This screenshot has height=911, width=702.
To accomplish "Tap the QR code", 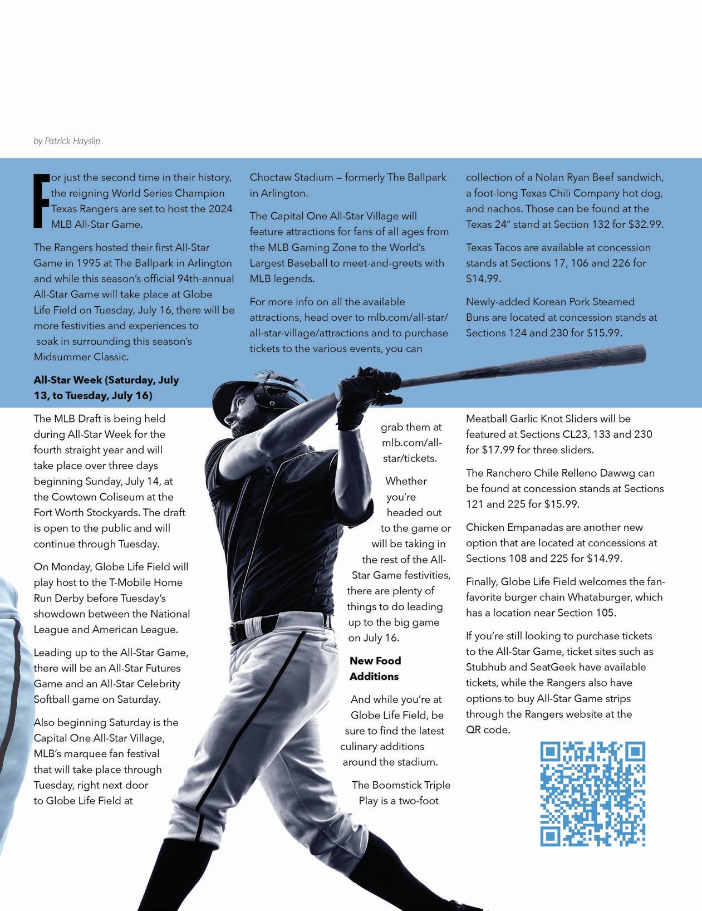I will [x=592, y=794].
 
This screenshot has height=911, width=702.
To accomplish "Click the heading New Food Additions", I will [x=375, y=669].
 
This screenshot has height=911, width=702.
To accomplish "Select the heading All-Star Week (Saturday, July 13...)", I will [x=106, y=388].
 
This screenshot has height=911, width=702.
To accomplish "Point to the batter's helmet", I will [x=251, y=393].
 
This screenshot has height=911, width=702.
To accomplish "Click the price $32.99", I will [x=645, y=224].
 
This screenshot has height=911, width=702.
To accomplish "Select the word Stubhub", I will [x=485, y=667].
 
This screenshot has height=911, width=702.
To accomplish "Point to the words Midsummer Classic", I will [x=81, y=356].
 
